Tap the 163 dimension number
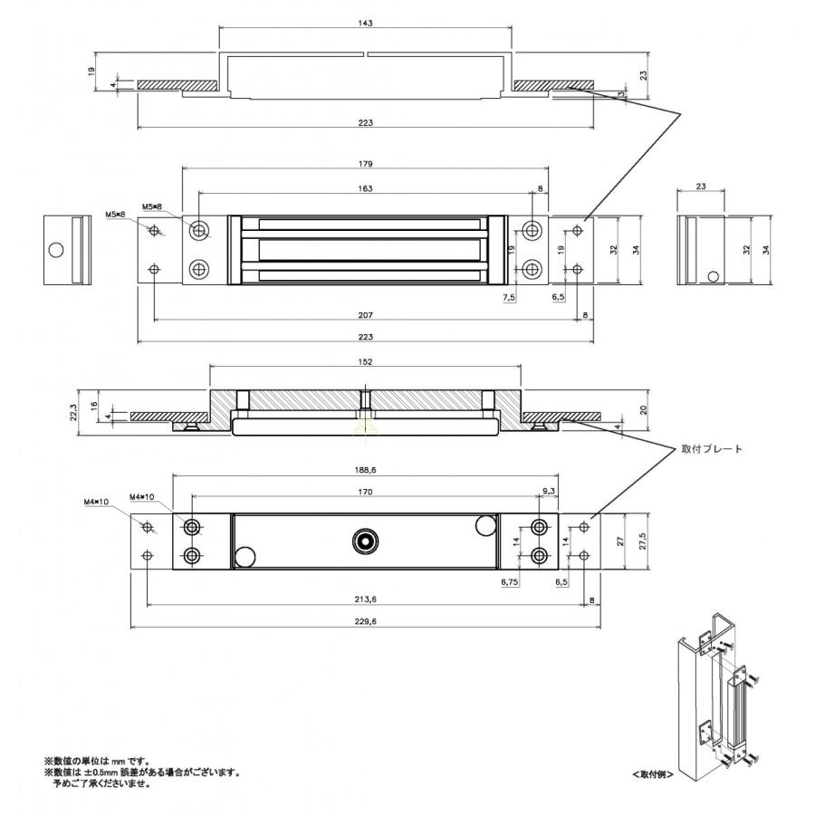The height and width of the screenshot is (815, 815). [x=366, y=188]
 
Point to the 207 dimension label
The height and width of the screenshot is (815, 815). [x=366, y=314]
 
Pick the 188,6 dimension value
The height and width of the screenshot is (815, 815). [x=366, y=470]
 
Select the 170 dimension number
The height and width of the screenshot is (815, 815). [x=366, y=493]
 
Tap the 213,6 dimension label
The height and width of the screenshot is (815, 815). [x=366, y=598]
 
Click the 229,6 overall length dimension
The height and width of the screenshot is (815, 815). [x=366, y=620]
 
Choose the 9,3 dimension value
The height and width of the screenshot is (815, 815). [x=548, y=490]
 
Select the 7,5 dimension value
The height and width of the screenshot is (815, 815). [x=509, y=296]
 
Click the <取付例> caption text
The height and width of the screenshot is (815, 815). [x=652, y=775]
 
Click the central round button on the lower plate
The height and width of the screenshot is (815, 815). [x=366, y=541]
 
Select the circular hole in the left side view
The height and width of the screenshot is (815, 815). [x=57, y=250]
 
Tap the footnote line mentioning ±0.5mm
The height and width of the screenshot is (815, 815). [x=142, y=772]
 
